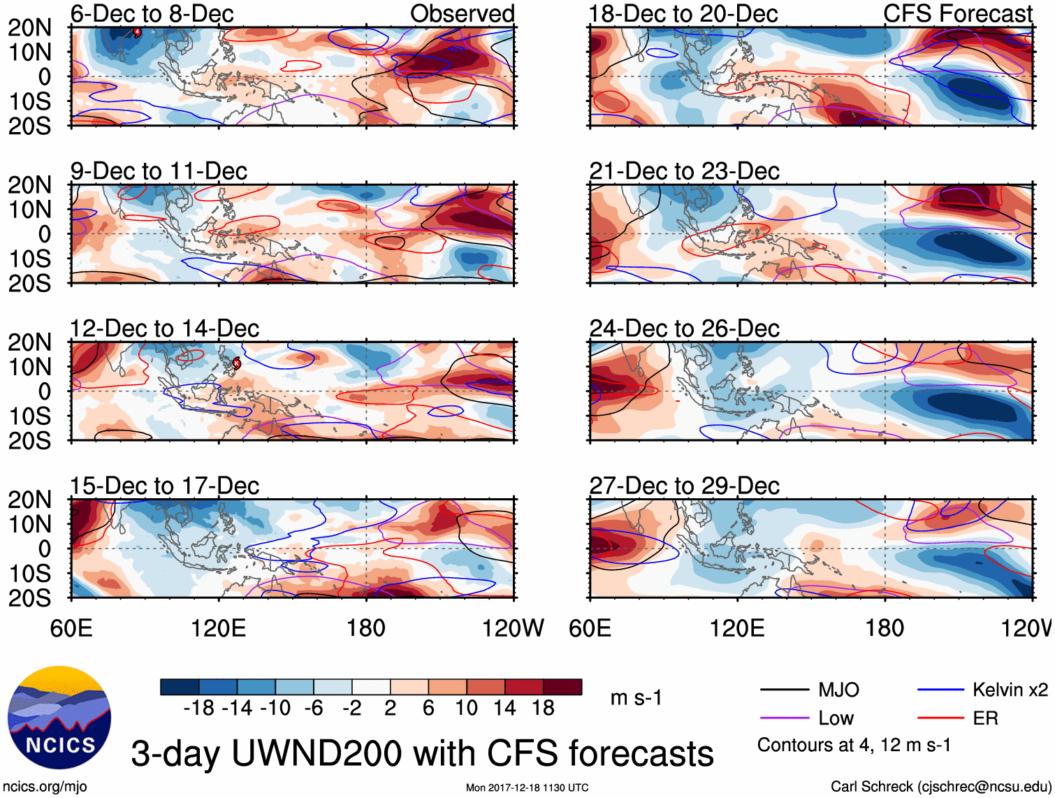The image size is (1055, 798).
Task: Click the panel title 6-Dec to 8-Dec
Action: click(152, 13)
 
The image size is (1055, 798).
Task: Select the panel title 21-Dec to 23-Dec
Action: click(684, 171)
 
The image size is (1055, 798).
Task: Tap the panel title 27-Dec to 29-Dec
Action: click(684, 486)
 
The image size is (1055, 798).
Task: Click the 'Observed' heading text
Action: click(462, 13)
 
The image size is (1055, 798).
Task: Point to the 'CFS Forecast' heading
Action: click(957, 13)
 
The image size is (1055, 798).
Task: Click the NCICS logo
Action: click(59, 718)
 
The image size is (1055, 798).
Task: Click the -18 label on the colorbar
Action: click(199, 709)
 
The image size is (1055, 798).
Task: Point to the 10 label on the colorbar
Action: click(466, 709)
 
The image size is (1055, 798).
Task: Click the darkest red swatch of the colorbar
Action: click(562, 687)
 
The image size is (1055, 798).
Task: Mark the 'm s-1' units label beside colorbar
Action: click(636, 698)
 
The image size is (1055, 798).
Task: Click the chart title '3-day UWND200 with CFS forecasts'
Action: click(422, 754)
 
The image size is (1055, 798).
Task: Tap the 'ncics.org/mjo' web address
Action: click(44, 787)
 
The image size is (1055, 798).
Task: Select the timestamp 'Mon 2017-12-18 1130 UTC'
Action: click(527, 788)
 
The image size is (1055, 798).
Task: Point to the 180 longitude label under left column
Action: click(366, 628)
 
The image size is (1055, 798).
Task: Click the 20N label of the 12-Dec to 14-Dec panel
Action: click(29, 342)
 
